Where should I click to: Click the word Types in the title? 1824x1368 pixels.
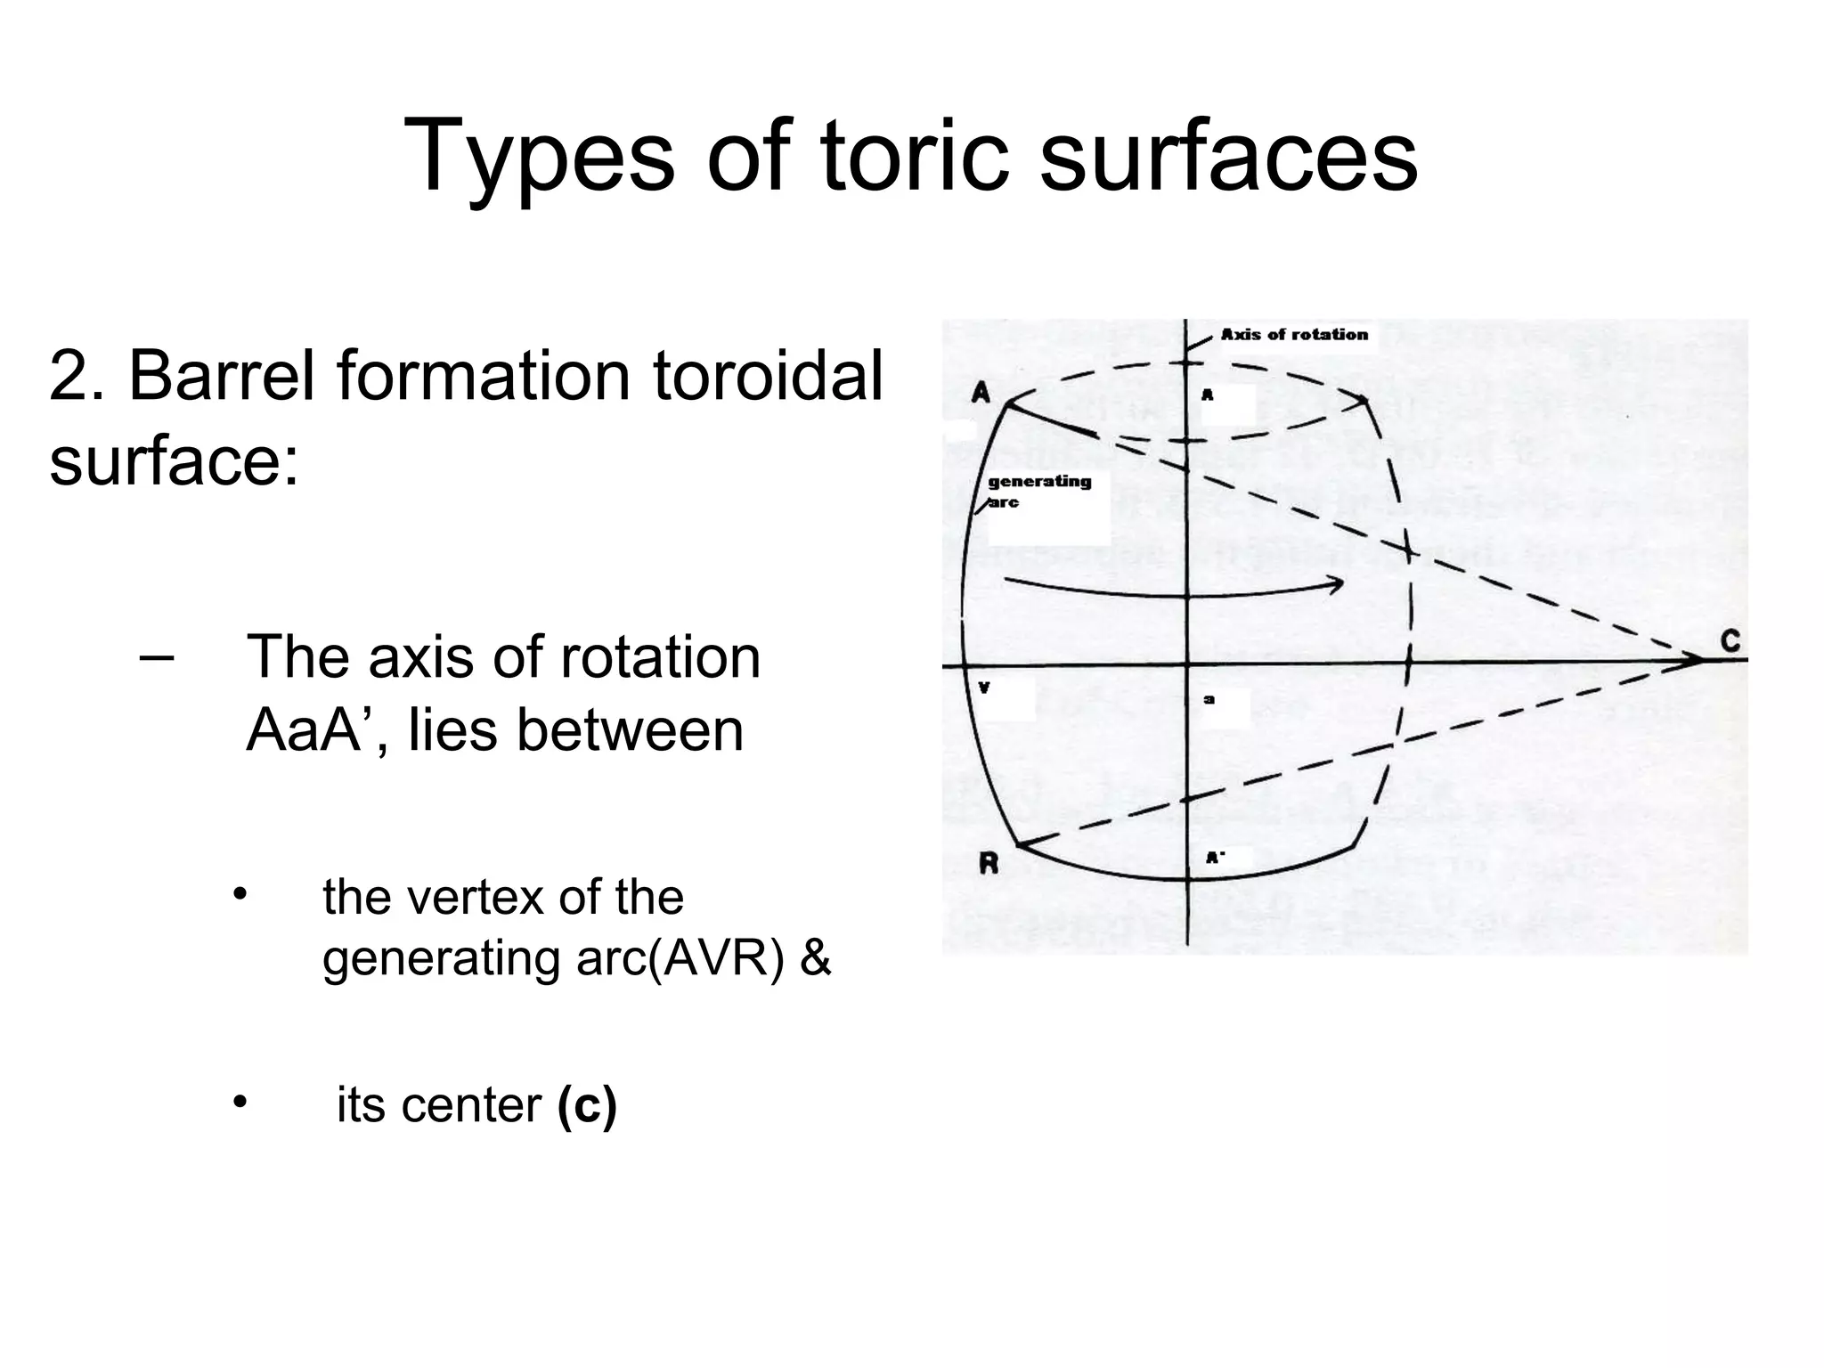[539, 158]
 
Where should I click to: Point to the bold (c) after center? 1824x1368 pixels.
[587, 1105]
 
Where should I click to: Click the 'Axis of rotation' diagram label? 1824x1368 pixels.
[1294, 335]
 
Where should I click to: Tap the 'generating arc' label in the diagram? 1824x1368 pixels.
[1038, 491]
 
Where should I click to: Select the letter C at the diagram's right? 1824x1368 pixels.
[1730, 641]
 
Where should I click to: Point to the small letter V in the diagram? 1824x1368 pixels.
[984, 687]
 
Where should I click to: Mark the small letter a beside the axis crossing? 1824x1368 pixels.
[1209, 700]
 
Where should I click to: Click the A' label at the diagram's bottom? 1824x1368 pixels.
[1215, 858]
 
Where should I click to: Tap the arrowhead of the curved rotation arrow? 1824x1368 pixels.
[1336, 584]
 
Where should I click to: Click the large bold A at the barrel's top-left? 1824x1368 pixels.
[981, 392]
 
